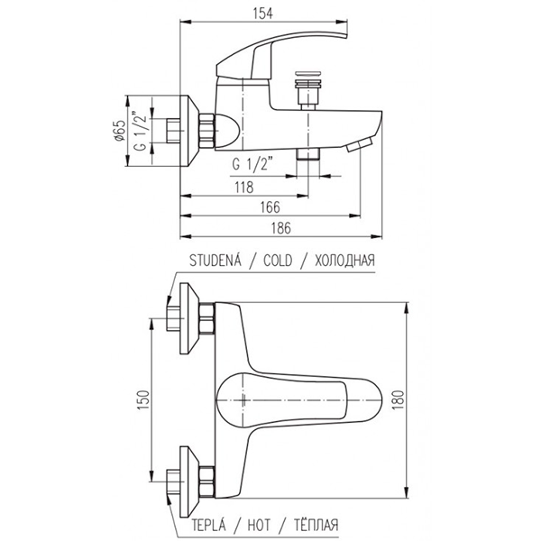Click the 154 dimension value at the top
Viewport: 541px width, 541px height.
[263, 14]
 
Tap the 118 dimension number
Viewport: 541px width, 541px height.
[244, 187]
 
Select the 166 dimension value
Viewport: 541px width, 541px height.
[270, 207]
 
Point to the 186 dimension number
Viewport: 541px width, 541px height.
[280, 228]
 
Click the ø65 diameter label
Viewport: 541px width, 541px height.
[119, 131]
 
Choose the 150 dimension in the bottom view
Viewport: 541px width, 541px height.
[143, 399]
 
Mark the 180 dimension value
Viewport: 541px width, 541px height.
[398, 399]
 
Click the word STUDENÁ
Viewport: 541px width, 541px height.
[215, 260]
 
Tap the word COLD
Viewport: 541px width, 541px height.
[278, 261]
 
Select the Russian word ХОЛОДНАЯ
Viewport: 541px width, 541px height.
[344, 261]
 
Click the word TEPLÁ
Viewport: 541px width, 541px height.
[209, 525]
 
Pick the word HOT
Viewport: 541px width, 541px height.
[259, 526]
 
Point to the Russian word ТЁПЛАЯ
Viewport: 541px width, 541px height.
[316, 525]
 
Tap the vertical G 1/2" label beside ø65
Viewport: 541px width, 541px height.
[141, 131]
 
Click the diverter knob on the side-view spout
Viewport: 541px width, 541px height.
[308, 90]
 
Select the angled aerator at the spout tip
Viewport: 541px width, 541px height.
[360, 143]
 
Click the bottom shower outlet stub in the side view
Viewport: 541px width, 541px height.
[308, 154]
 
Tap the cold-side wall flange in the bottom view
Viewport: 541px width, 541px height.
[189, 318]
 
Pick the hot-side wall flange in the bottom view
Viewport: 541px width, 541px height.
[189, 482]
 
